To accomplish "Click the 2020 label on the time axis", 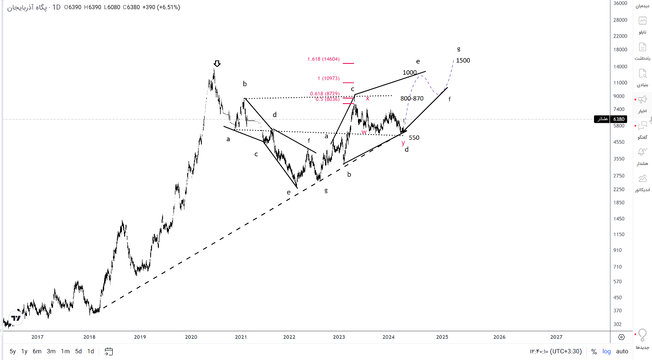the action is point(191,337).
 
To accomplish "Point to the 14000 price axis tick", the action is point(620,67).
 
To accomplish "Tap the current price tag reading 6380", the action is point(619,119).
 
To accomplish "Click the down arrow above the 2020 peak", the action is point(217,63).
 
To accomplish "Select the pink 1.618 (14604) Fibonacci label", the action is point(323,59).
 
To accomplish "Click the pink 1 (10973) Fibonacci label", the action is point(328,78).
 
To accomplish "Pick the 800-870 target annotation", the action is point(412,98).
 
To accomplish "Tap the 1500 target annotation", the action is point(463,61).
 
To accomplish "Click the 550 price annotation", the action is point(414,137).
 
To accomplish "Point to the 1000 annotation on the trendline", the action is point(410,73).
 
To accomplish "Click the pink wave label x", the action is point(368,99).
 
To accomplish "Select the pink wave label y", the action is point(403,143).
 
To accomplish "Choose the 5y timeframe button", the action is point(12,351).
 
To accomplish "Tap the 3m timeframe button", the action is point(51,351).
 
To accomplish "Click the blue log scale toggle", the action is point(607,351).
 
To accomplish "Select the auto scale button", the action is point(622,351).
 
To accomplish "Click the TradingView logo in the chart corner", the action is point(16,318).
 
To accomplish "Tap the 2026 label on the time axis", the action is point(499,337).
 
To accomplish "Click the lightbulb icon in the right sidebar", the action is point(642,335).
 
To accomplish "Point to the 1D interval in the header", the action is point(56,7).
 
